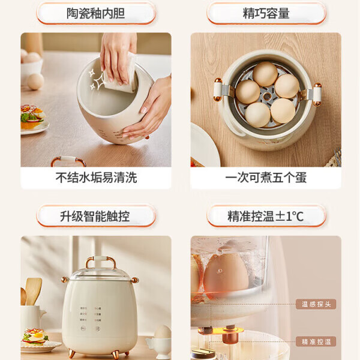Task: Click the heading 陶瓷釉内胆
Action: [x=96, y=13]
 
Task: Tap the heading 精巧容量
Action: [x=266, y=13]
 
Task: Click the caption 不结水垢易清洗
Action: [x=96, y=178]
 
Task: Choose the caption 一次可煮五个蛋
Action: [x=266, y=178]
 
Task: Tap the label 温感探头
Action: [x=316, y=304]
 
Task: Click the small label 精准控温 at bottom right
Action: [x=316, y=341]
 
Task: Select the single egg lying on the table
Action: [x=35, y=81]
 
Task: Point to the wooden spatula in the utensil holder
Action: [x=34, y=290]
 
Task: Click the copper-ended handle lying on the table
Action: [x=67, y=161]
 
